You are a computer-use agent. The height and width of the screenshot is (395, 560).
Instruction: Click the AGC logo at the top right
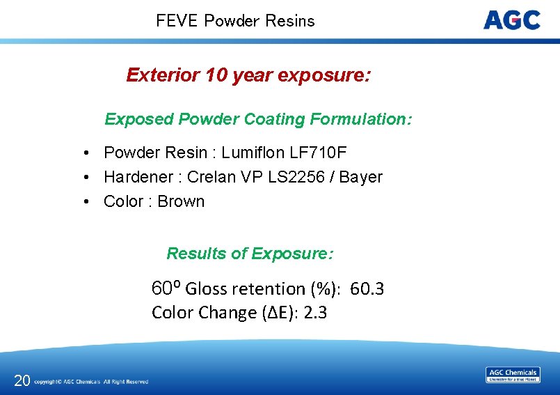point(511,20)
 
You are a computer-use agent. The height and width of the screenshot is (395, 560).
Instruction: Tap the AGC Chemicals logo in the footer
point(512,375)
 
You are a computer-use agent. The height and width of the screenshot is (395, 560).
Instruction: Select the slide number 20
point(22,380)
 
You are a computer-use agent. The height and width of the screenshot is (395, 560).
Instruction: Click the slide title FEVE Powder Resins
point(235,21)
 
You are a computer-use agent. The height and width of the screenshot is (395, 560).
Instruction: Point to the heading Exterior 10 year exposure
point(248,75)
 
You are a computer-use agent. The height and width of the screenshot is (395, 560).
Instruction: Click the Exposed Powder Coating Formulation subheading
point(258,119)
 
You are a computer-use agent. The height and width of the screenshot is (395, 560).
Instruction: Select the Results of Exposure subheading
point(250,254)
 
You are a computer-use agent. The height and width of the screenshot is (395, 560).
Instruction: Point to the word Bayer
point(360,177)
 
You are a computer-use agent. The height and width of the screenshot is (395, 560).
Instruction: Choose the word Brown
point(181,201)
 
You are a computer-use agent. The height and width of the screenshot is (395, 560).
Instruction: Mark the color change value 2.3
point(315,313)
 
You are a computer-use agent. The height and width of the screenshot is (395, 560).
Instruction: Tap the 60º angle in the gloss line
point(166,288)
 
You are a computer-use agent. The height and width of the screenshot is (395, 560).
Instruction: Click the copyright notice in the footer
point(91,382)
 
